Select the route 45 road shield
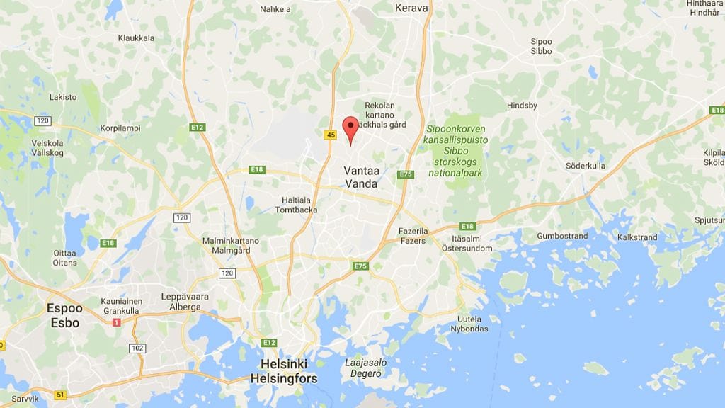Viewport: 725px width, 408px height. (331, 135)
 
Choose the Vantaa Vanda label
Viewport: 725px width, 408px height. (361, 176)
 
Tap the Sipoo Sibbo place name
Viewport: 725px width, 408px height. (542, 46)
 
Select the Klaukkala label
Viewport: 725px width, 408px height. (137, 38)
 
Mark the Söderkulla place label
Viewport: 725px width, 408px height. (585, 166)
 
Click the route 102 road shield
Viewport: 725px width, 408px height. (137, 348)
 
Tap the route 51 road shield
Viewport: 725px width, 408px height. (61, 395)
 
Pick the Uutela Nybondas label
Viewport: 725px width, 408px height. (469, 324)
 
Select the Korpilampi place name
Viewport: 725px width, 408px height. (120, 128)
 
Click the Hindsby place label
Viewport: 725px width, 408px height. (522, 106)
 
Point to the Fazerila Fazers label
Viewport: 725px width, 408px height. (413, 236)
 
